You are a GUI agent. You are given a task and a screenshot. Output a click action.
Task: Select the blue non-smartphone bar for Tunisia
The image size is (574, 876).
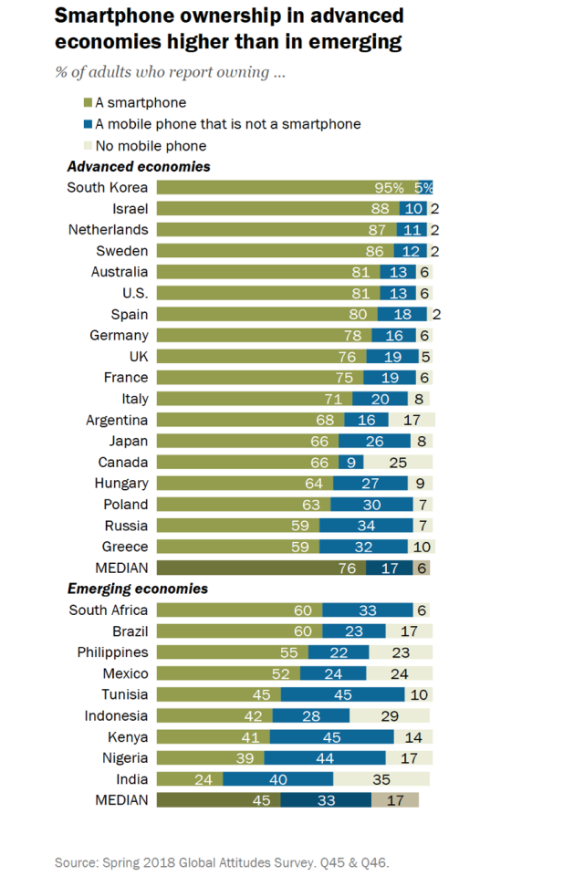[x=342, y=695]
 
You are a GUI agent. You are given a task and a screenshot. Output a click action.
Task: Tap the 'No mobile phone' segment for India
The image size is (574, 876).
[x=381, y=779]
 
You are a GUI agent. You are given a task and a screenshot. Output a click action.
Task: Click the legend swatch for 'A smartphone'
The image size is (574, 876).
[x=88, y=103]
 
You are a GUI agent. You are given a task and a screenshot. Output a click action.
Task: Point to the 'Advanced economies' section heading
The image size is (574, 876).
[x=139, y=167]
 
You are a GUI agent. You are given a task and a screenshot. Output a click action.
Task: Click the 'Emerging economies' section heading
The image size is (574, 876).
[x=138, y=589]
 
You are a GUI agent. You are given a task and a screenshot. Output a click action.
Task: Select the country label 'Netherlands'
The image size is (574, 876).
[x=108, y=230]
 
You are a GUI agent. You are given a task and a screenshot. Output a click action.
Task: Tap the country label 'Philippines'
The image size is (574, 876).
[x=110, y=652]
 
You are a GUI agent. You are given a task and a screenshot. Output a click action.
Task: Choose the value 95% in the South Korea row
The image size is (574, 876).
[x=389, y=188]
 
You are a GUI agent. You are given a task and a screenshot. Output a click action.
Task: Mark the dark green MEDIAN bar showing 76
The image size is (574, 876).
[x=261, y=568]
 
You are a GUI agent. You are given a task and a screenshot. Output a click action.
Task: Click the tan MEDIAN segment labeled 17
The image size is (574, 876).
[x=395, y=800]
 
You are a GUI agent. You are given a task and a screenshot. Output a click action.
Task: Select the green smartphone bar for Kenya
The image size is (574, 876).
[x=214, y=737]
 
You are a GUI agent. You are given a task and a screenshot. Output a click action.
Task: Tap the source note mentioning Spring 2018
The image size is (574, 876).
[x=227, y=861]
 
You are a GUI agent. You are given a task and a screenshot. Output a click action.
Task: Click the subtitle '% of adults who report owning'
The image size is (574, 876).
[x=170, y=72]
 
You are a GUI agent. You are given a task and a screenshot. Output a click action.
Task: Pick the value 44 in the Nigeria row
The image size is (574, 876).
[x=325, y=758]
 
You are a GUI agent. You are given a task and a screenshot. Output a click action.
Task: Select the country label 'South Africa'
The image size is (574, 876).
[x=109, y=610]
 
